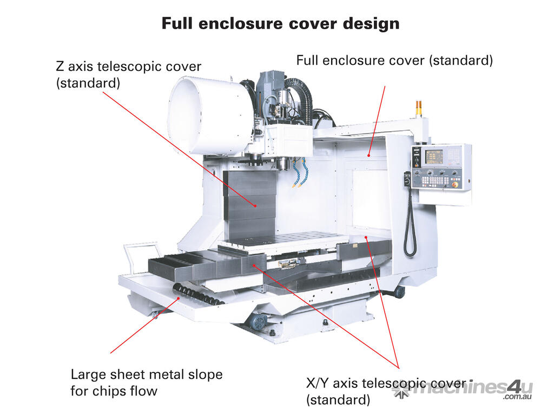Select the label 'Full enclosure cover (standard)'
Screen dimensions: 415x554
coord(394,61)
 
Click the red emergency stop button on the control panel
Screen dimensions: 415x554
coord(454,184)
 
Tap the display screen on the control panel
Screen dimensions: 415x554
coord(433,157)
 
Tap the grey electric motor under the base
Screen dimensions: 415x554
coord(256,322)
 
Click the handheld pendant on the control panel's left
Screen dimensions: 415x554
coord(407,179)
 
